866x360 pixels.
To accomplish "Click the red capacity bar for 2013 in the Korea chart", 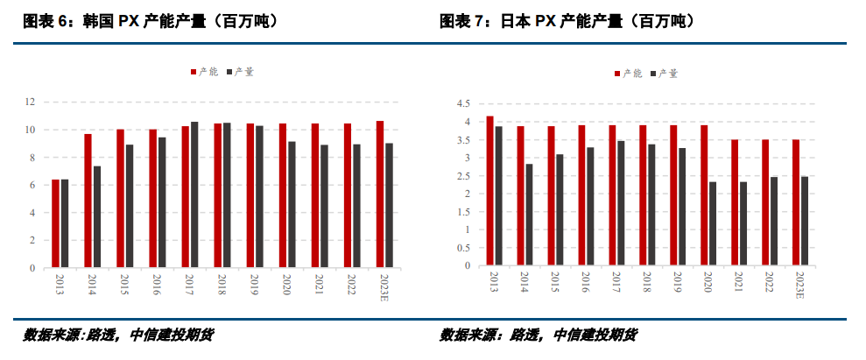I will [55, 223].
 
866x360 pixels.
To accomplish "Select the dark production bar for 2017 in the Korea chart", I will [194, 194].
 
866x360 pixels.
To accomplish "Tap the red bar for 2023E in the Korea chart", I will [380, 194].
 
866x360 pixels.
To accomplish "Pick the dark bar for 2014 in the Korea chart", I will [97, 216].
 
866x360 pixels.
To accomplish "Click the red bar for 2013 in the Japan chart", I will [490, 191].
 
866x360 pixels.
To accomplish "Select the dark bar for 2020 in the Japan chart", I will [713, 223].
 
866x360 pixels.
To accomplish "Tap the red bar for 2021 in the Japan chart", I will [735, 202].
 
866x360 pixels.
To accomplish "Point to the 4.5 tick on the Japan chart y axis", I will [463, 103].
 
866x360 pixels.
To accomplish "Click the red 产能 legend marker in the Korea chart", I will [194, 72].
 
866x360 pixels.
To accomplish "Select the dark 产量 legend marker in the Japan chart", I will [653, 74].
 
